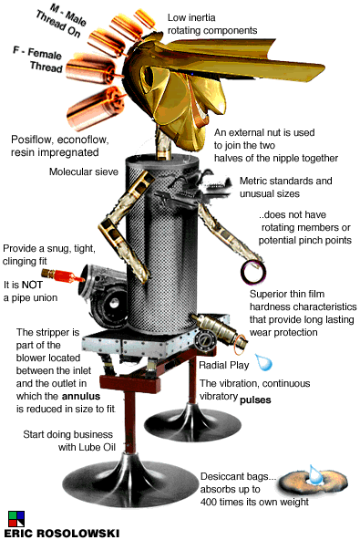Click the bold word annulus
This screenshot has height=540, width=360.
click(81, 396)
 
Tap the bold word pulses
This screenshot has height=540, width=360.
click(255, 400)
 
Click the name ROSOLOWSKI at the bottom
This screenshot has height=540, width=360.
click(83, 533)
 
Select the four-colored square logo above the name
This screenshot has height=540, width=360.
click(16, 519)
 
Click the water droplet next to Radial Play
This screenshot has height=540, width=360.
click(264, 362)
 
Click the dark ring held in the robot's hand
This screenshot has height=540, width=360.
click(253, 272)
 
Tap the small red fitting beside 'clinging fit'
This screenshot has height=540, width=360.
click(63, 275)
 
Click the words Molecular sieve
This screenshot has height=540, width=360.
click(84, 171)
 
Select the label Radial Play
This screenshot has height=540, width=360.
click(224, 365)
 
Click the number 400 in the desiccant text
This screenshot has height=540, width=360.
click(210, 502)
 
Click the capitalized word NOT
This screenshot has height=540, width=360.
click(32, 285)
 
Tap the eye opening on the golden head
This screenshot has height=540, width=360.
click(149, 77)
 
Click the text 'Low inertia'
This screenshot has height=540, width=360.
click(191, 17)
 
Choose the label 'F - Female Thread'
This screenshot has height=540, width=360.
click(38, 59)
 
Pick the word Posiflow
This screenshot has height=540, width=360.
click(32, 140)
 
